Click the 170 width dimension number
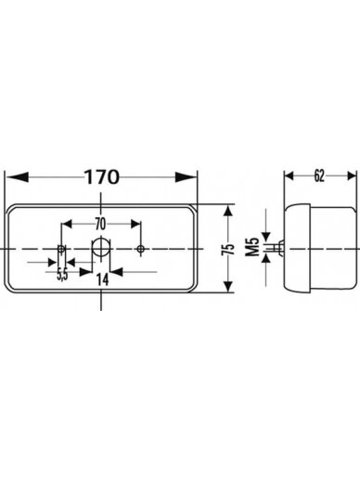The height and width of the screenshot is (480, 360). click(x=101, y=177)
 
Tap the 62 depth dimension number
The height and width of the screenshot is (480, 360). click(x=319, y=176)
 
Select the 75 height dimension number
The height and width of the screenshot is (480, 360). click(x=228, y=250)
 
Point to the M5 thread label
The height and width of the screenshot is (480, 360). click(x=253, y=247)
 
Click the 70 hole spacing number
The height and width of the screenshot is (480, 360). click(x=100, y=225)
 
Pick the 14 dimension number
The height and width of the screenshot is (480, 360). click(x=102, y=279)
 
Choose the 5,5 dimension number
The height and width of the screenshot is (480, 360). click(x=62, y=275)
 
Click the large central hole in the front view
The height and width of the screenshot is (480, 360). click(x=100, y=248)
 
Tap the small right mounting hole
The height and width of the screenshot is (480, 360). click(x=141, y=249)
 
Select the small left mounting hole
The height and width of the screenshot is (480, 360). click(x=61, y=249)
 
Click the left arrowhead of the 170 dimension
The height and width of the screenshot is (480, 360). click(x=18, y=177)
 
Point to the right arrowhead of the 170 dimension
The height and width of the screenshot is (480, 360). click(x=186, y=177)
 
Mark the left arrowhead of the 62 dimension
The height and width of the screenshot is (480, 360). click(x=289, y=176)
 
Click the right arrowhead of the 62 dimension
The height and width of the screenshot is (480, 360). click(x=352, y=176)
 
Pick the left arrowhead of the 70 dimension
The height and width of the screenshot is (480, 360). click(x=68, y=224)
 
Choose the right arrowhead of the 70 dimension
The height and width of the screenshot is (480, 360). click(x=135, y=224)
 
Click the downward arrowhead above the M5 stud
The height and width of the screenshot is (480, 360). click(x=266, y=237)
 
